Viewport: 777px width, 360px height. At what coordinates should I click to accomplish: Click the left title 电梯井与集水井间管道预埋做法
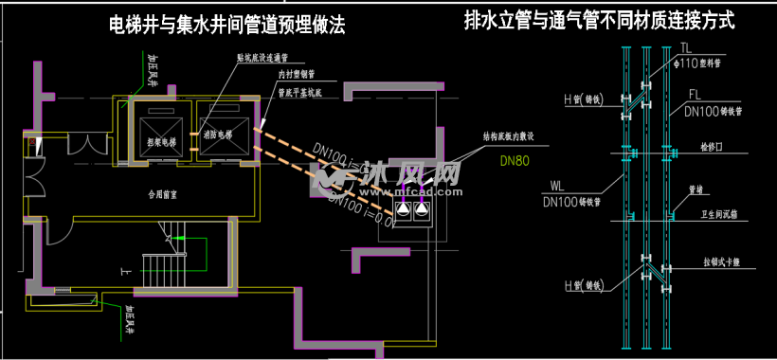(x=226, y=26)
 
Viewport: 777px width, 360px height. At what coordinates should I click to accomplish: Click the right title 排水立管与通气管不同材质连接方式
(x=599, y=20)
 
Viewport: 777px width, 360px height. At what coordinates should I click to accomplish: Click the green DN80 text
(x=515, y=160)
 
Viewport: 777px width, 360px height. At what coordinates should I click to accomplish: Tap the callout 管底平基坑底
(x=300, y=93)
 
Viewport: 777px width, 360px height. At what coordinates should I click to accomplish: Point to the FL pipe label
(x=694, y=95)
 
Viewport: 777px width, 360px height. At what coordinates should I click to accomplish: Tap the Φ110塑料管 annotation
(x=700, y=63)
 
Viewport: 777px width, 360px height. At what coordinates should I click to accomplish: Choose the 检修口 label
(x=710, y=149)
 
